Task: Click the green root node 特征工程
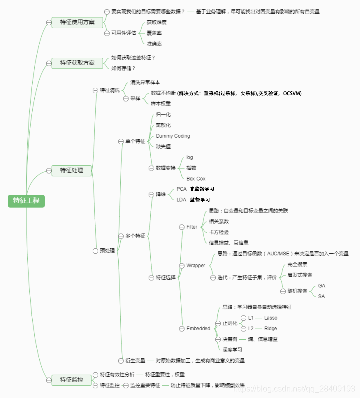[x=27, y=201]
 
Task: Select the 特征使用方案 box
[x=77, y=22]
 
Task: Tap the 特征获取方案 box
[x=77, y=63]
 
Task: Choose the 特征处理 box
[x=72, y=170]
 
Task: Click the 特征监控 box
[x=72, y=380]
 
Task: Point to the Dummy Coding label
[x=173, y=136]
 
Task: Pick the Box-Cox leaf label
[x=196, y=178]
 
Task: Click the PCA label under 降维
[x=181, y=189]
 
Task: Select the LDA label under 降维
[x=181, y=200]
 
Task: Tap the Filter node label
[x=192, y=227]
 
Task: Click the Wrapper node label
[x=196, y=265]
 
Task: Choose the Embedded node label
[x=198, y=329]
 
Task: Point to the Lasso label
[x=271, y=318]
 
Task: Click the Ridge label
[x=271, y=329]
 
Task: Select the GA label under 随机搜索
[x=322, y=286]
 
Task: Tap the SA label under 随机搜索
[x=322, y=296]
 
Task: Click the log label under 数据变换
[x=190, y=157]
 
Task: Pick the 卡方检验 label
[x=219, y=232]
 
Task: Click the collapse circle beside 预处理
[x=95, y=250]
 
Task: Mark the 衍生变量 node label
[x=135, y=360]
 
